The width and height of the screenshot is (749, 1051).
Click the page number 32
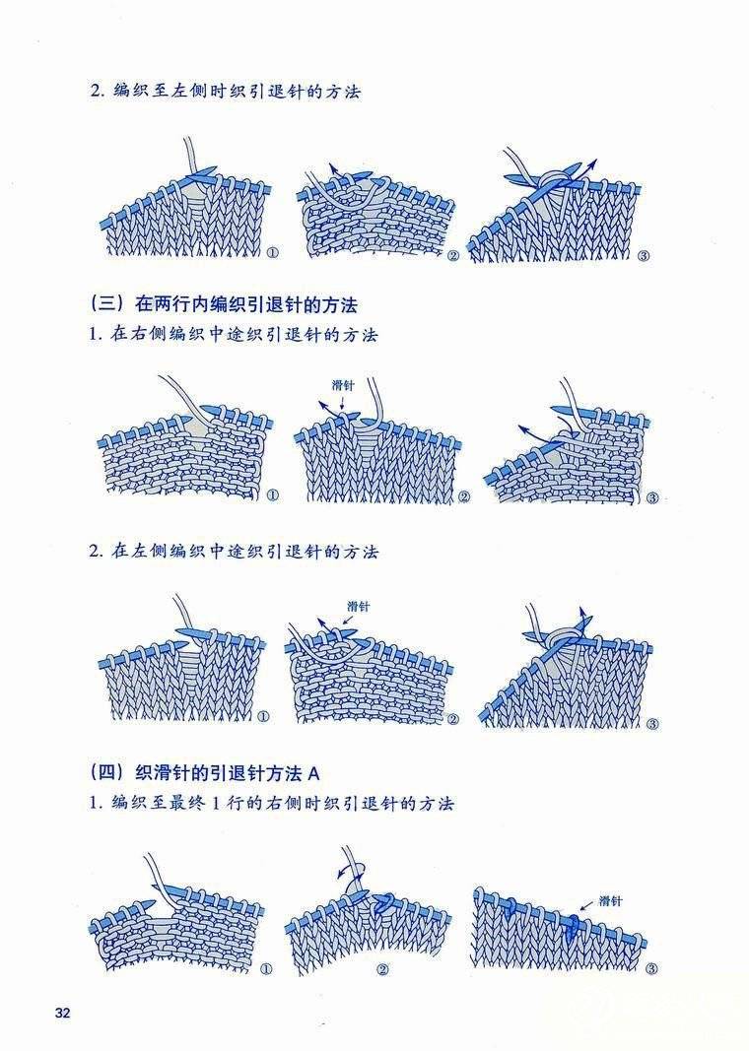[62, 1013]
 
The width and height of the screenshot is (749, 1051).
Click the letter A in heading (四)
[314, 773]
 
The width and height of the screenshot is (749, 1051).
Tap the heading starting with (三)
[224, 305]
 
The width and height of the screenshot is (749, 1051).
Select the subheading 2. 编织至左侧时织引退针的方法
[226, 92]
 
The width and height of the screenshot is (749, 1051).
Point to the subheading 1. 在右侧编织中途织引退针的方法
[234, 334]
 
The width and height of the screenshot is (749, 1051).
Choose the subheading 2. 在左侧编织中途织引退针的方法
[234, 552]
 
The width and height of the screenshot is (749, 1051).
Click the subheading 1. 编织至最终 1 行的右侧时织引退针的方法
[272, 803]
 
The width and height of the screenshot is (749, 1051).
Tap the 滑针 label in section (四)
[610, 901]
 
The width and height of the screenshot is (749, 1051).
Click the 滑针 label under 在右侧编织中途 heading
[343, 385]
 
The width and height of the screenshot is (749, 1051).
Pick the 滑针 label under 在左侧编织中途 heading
[359, 607]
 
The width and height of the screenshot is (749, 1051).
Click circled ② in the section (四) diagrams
[383, 970]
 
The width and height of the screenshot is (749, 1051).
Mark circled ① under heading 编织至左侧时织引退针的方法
[272, 253]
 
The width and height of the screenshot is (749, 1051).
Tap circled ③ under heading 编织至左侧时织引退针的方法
[644, 255]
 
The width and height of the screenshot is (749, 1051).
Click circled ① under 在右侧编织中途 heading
[273, 495]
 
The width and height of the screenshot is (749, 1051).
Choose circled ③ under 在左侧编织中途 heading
[652, 724]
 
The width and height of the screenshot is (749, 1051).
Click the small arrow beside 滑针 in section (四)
[585, 906]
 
